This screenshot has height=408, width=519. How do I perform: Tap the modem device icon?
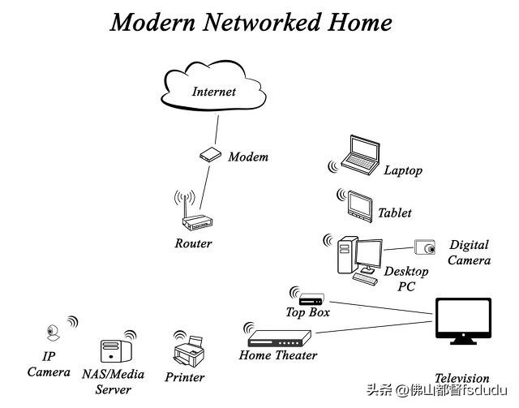(210, 154)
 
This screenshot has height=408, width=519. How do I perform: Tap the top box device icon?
(311, 299)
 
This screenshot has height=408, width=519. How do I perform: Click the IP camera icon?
(52, 332)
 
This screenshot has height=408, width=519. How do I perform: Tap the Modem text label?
(247, 157)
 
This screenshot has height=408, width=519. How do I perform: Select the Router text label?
(193, 243)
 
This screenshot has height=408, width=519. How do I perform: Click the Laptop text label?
(403, 170)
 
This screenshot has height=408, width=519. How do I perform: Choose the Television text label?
(461, 378)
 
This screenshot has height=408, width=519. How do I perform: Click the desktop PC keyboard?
(365, 277)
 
